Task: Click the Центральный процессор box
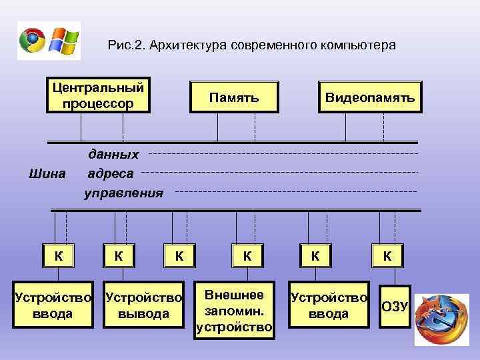tap(98, 95)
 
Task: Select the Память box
tap(233, 98)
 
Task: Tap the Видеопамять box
tap(370, 98)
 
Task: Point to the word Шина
tap(48, 174)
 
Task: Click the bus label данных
tap(114, 155)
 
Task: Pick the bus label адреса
tap(111, 174)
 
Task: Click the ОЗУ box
tap(394, 306)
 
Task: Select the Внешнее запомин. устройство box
tap(234, 311)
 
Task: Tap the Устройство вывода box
tap(145, 305)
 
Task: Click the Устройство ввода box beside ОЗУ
tap(328, 305)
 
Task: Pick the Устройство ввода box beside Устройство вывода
tap(53, 305)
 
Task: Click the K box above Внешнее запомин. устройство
tap(247, 255)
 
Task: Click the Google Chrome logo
tap(33, 41)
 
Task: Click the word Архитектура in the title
tap(189, 45)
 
